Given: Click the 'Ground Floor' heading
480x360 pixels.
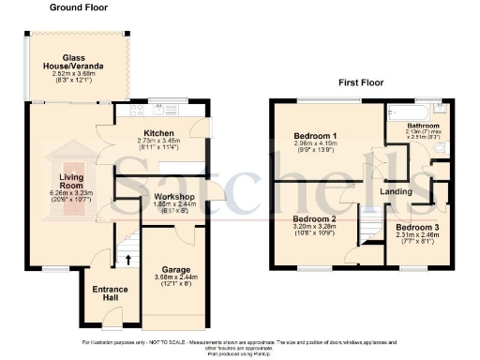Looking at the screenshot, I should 79,7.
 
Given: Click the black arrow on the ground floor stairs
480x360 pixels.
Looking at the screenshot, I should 127,258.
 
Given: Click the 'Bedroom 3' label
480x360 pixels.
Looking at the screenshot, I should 414,228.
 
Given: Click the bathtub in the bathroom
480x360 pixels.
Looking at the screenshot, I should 403,108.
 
